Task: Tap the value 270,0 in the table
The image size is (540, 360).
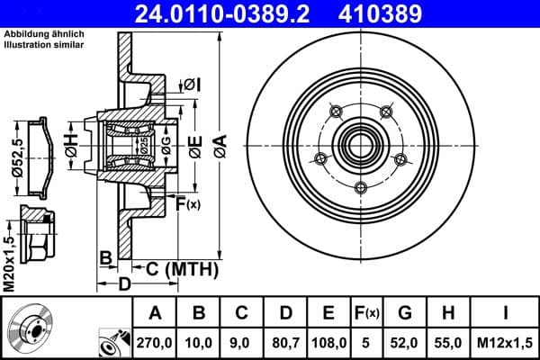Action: click(155, 341)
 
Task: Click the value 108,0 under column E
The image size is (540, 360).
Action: click(328, 341)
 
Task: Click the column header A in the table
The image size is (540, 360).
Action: click(155, 313)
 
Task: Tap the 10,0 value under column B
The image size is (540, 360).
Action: click(198, 341)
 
